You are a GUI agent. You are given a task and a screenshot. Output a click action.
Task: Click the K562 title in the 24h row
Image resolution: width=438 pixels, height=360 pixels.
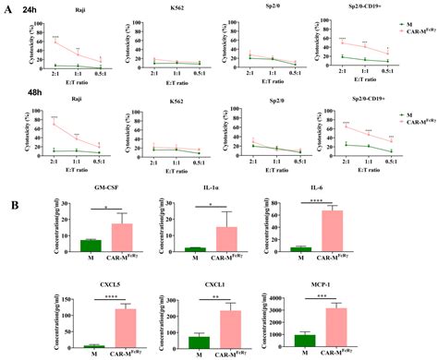[x=178, y=17]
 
